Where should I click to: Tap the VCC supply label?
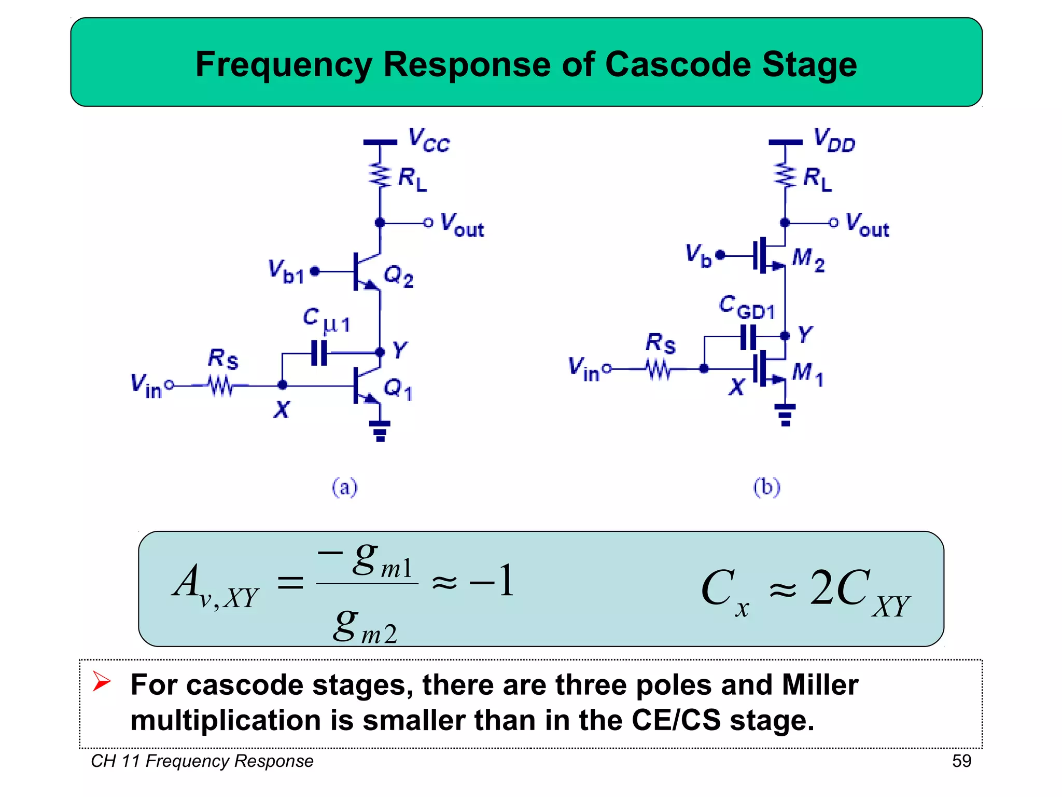pyautogui.click(x=429, y=141)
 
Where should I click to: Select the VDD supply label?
pyautogui.click(x=834, y=141)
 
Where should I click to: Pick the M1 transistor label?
pyautogui.click(x=807, y=374)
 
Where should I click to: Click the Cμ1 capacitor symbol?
pyautogui.click(x=319, y=353)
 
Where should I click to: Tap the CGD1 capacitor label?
pyautogui.click(x=747, y=307)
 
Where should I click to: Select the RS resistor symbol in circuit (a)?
pyautogui.click(x=221, y=386)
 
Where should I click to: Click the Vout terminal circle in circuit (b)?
pyautogui.click(x=833, y=223)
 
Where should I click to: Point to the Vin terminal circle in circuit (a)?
pyautogui.click(x=169, y=386)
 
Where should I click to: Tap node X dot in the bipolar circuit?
pyautogui.click(x=282, y=385)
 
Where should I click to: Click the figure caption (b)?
pyautogui.click(x=766, y=487)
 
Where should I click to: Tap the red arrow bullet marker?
pyautogui.click(x=101, y=681)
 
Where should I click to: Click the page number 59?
pyautogui.click(x=961, y=761)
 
